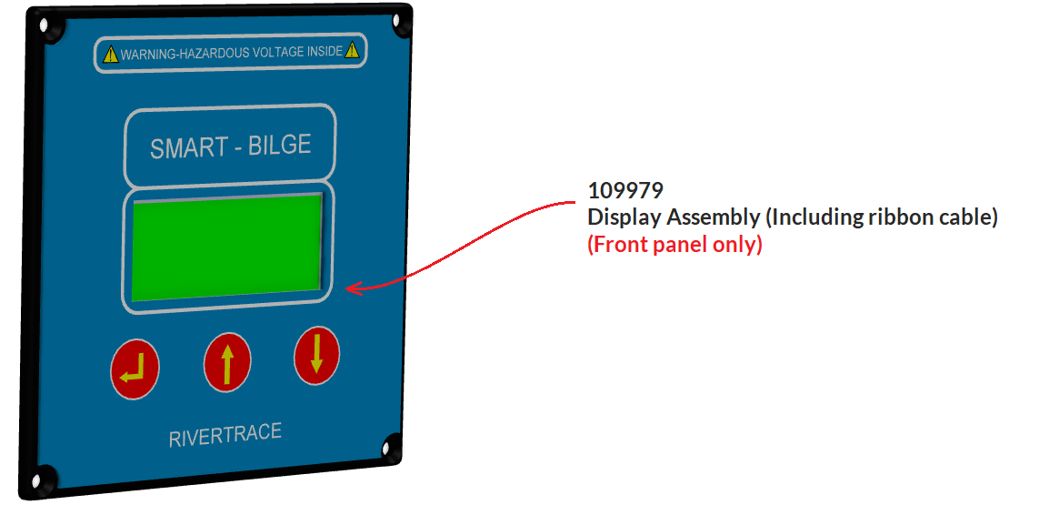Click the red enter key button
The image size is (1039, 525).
(x=135, y=369)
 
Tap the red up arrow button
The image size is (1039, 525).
(x=226, y=362)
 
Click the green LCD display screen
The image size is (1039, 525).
(x=227, y=246)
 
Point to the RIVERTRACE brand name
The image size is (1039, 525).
(x=225, y=435)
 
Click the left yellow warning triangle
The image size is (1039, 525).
(x=111, y=55)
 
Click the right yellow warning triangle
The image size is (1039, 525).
(x=352, y=51)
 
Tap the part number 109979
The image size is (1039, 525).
(x=625, y=191)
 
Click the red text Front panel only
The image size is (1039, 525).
(x=674, y=245)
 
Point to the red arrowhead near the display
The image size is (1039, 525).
(x=355, y=288)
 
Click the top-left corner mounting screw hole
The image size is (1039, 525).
(x=46, y=29)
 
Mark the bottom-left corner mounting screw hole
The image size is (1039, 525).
(x=39, y=479)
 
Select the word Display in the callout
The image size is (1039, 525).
(x=624, y=217)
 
